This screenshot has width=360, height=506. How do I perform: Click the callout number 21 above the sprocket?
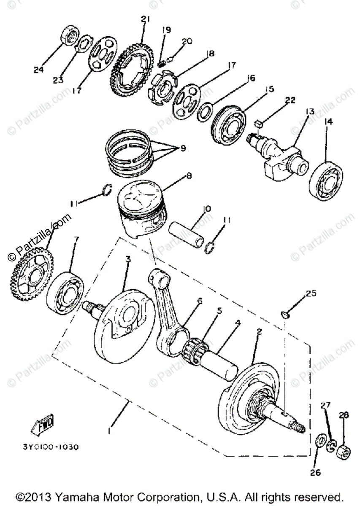(146, 19)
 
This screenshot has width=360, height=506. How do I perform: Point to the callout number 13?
(310, 111)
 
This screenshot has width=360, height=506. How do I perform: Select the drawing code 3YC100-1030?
(57, 446)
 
